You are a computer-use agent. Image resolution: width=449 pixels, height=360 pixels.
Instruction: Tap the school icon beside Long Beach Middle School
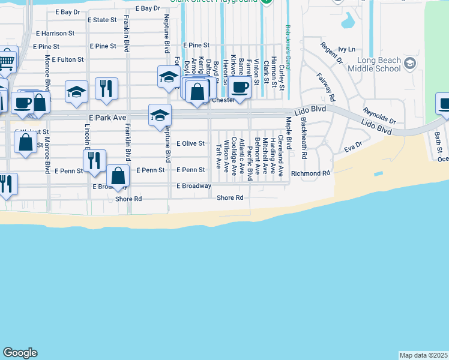coord(410,63)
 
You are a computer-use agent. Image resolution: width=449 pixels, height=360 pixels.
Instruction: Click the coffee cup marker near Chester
coord(240,88)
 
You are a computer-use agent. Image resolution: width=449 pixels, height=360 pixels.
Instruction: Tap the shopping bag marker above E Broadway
coord(118,176)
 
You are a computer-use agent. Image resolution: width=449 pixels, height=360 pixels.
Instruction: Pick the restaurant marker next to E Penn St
coord(94,161)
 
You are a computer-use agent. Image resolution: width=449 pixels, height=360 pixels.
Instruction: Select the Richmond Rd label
coord(310,173)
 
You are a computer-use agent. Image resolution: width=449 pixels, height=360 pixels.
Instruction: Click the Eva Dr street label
coord(354,146)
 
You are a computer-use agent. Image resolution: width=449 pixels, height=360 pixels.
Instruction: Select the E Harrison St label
coord(55,34)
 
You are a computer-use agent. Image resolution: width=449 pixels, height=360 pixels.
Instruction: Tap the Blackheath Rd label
coord(304,137)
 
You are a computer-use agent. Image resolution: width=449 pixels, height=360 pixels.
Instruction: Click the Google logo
coord(20,353)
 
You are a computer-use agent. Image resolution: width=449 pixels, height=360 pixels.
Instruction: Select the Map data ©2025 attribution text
coord(423,355)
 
